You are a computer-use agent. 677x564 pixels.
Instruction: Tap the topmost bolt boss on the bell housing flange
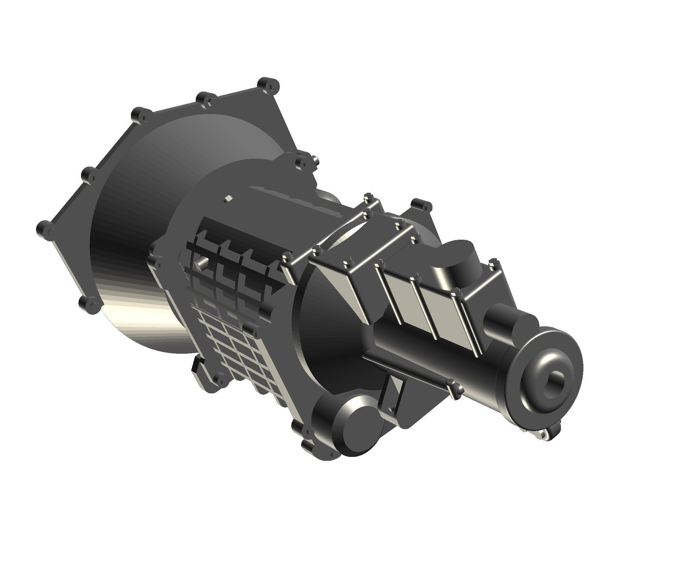tap(268, 84)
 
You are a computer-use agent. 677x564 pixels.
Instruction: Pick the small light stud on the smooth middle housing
tap(228, 199)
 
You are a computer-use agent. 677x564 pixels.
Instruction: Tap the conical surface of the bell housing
tap(149, 231)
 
